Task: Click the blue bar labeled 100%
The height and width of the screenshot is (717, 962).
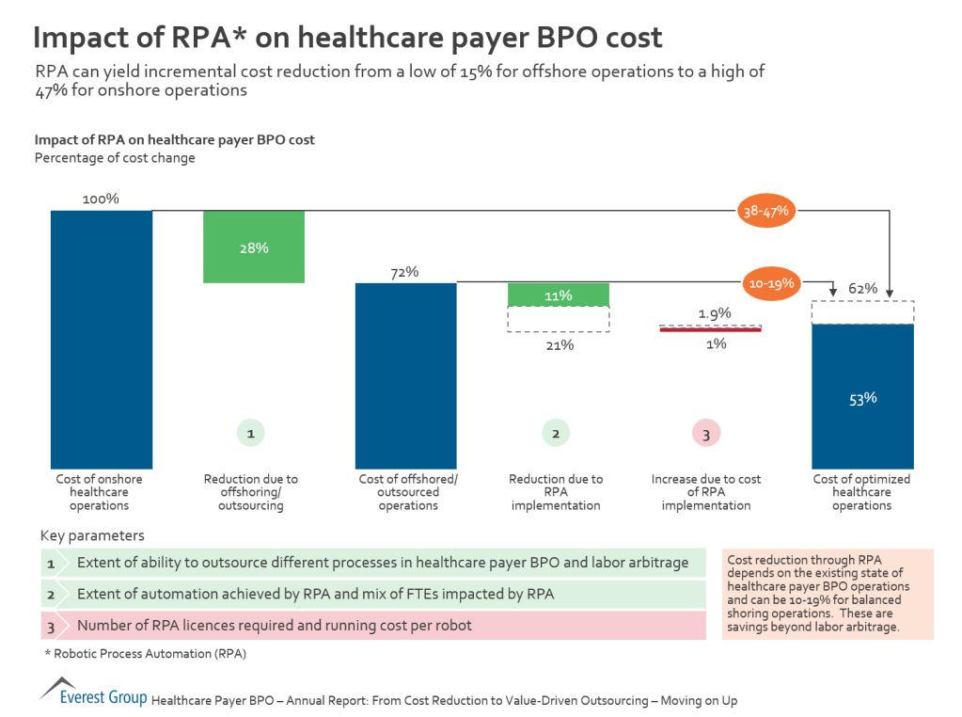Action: click(101, 339)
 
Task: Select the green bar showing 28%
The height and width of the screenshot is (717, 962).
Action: click(254, 247)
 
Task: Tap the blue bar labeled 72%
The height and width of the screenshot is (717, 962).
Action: click(405, 374)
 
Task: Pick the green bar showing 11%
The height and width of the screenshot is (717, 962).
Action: click(559, 295)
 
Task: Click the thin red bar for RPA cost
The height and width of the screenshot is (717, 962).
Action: click(711, 329)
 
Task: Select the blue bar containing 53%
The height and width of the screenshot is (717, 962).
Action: click(862, 396)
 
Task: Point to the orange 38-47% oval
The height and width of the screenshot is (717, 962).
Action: click(765, 212)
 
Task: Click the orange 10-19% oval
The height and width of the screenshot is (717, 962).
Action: click(772, 282)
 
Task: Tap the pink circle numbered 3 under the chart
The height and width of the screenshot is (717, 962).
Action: click(706, 433)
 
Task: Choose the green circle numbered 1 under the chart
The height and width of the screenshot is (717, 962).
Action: click(250, 433)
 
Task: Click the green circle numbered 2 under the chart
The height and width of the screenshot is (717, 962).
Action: click(556, 433)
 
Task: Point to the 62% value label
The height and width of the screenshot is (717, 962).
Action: click(862, 288)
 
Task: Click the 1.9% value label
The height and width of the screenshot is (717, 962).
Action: click(715, 312)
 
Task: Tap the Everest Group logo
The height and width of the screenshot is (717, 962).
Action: click(93, 694)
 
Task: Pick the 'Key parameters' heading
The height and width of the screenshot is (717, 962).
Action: click(92, 535)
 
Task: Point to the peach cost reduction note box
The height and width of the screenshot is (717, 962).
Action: click(828, 595)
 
